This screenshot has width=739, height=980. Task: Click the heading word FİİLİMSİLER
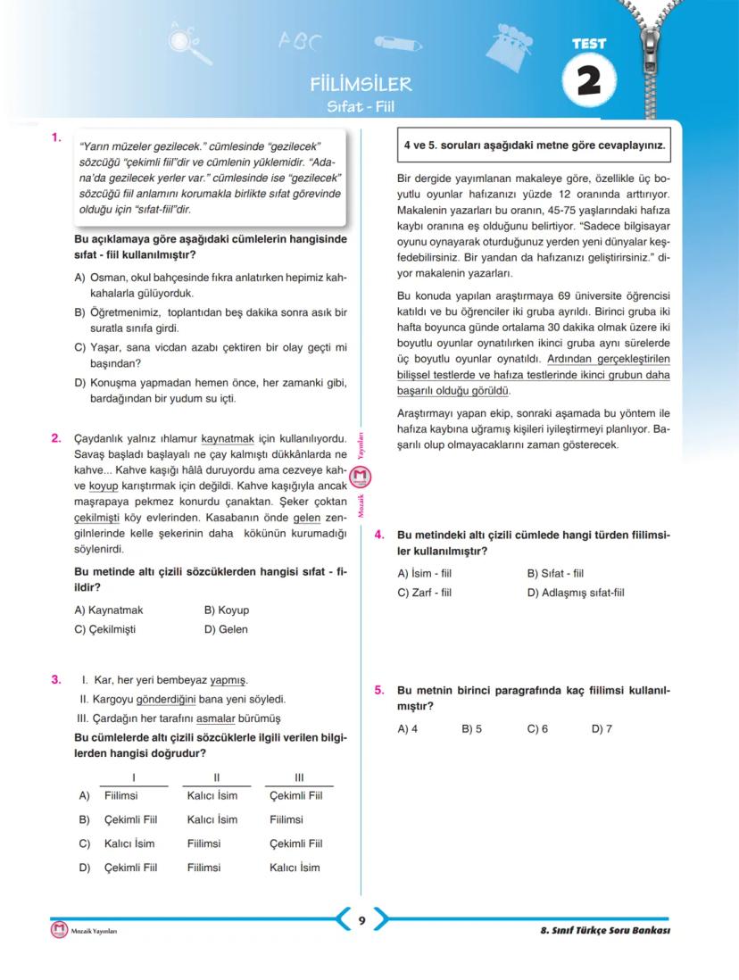360,85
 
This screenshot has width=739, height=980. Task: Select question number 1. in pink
55,137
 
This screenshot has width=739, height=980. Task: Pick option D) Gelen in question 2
226,629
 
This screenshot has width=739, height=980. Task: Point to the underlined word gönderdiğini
166,699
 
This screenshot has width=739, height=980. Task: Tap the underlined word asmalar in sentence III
220,718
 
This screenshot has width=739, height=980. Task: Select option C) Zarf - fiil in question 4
425,592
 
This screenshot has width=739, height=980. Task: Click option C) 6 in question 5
537,729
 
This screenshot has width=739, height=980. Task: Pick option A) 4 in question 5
408,729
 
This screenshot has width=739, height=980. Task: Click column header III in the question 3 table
299,777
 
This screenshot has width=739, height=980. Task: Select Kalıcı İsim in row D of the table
295,867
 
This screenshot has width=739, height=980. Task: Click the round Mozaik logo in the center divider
361,478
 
